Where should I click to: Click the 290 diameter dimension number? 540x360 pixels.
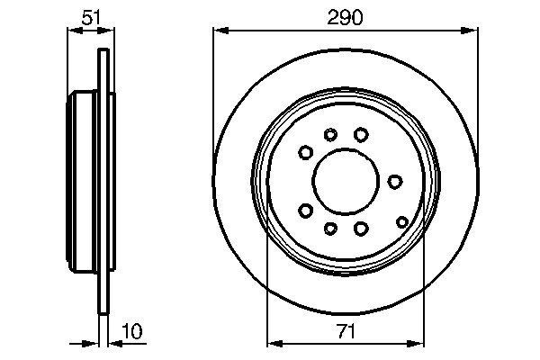click(345, 18)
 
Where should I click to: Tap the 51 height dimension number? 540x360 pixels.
click(90, 18)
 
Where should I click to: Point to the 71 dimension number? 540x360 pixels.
click(345, 330)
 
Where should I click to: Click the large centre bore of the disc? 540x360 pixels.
click(345, 180)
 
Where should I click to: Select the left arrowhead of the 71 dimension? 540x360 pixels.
click(274, 343)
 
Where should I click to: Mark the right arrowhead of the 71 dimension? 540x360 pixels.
click(415, 343)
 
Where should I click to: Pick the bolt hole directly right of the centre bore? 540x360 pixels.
click(394, 181)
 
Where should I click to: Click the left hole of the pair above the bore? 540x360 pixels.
click(330, 135)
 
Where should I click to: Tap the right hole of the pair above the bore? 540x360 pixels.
click(361, 134)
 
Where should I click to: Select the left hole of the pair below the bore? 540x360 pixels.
click(330, 228)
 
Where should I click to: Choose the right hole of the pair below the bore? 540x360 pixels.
click(361, 228)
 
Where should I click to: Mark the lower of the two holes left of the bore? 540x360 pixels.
click(305, 211)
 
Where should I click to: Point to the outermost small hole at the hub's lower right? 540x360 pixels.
click(401, 220)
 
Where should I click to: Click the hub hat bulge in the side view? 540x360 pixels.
click(82, 181)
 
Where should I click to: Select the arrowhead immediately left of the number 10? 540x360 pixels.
click(114, 343)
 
